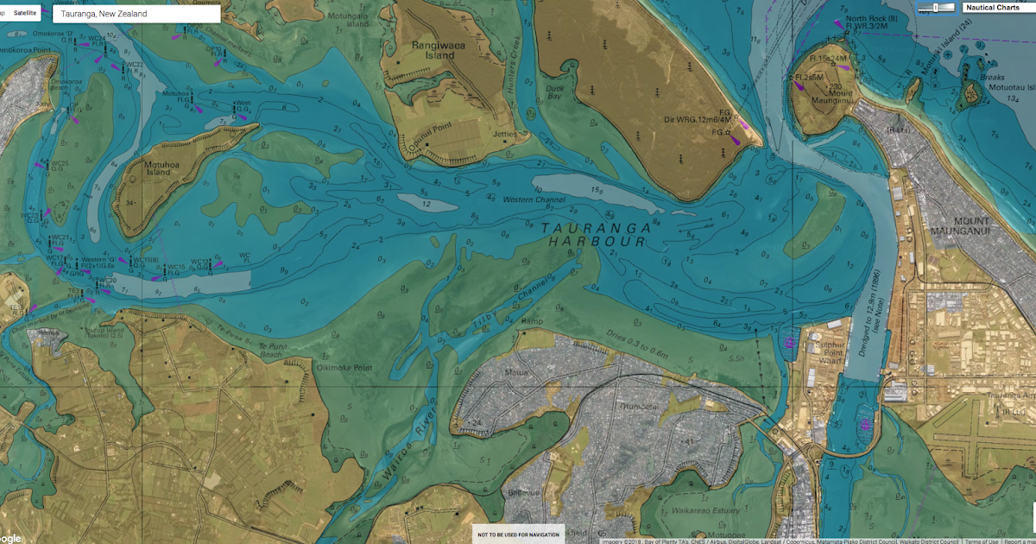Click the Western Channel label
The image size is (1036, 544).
point(536,199)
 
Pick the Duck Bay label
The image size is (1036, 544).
point(554,89)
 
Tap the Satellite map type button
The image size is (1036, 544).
point(26,13)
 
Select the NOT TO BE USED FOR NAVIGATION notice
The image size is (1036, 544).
point(518,535)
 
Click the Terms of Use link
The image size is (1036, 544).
point(981,541)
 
